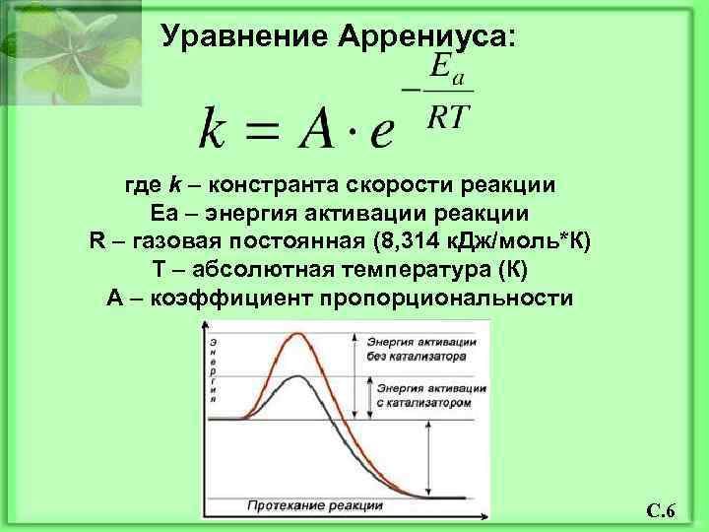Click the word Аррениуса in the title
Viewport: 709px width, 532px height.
(x=424, y=36)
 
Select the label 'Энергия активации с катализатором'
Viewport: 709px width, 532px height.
(x=429, y=394)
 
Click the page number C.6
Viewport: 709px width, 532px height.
(x=660, y=510)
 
